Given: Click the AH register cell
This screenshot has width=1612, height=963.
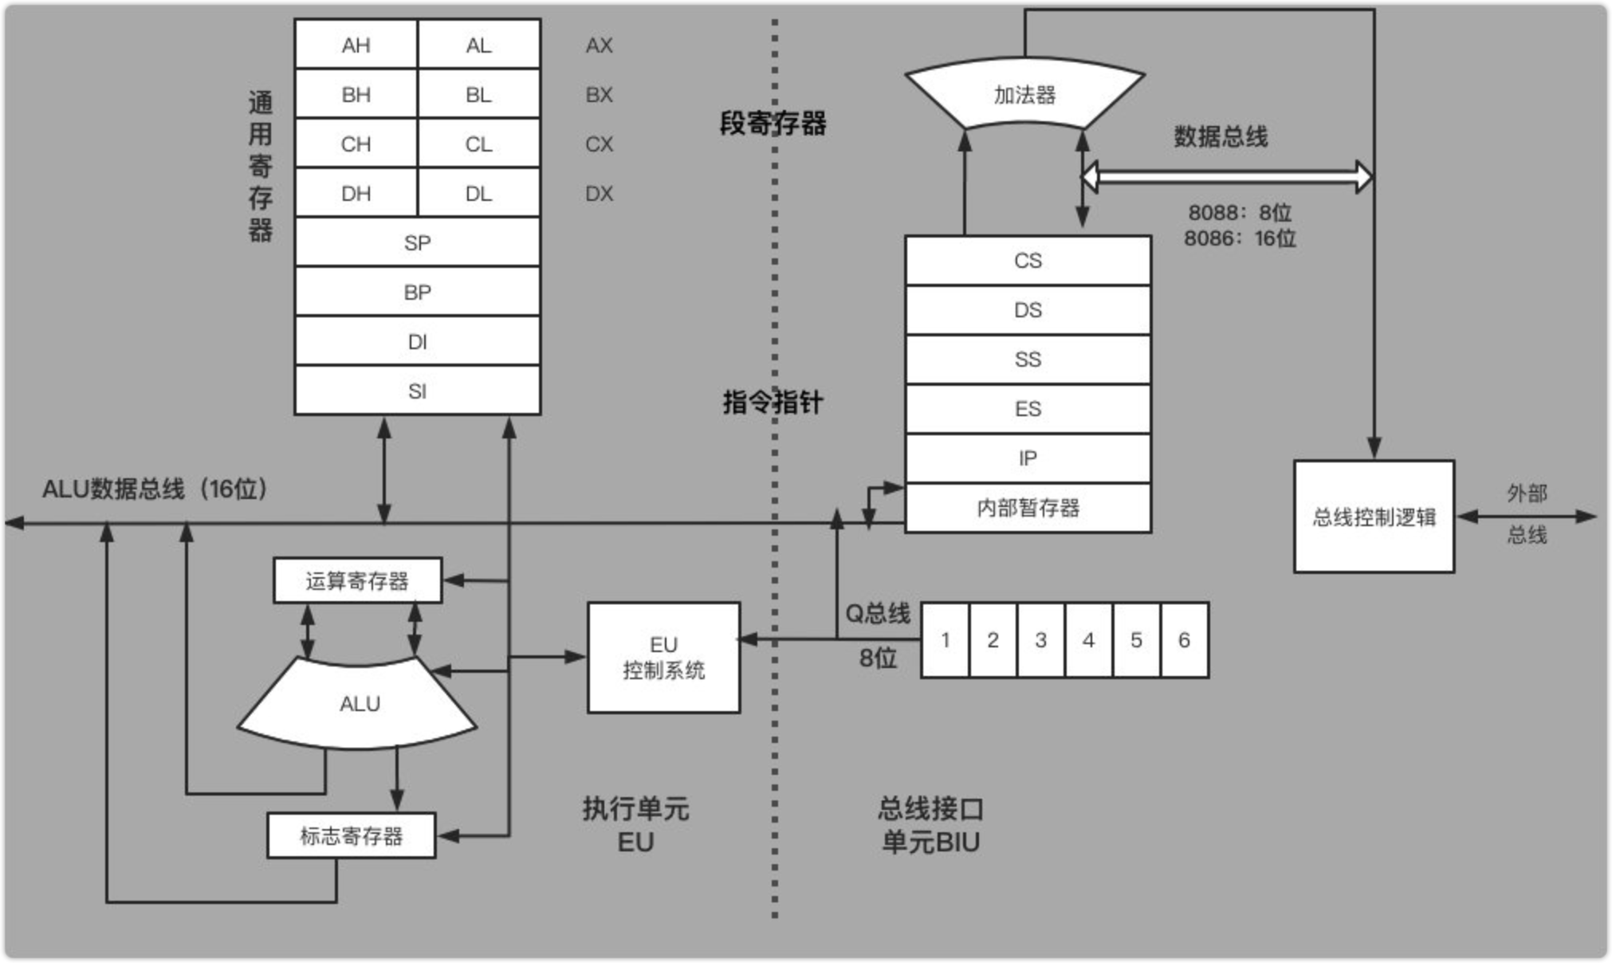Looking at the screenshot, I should (x=356, y=45).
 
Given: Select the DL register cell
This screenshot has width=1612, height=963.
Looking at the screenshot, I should (x=478, y=193).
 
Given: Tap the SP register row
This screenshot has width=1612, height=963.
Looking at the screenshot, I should (x=417, y=242).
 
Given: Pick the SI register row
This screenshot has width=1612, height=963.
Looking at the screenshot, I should (x=417, y=391).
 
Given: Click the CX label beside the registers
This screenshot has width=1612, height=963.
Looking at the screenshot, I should (x=599, y=144).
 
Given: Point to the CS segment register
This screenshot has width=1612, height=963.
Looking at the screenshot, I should (x=1028, y=261).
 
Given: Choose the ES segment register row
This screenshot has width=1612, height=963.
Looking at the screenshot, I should (x=1028, y=409).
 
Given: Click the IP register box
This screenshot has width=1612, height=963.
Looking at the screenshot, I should (x=1028, y=458).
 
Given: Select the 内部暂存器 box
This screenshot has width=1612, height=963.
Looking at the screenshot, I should (x=1028, y=508).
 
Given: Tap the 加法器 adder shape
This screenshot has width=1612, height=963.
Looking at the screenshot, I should (x=1024, y=95).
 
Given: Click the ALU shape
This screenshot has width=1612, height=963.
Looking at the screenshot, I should (x=359, y=704).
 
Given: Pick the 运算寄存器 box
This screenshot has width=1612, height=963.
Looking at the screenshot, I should (x=357, y=580).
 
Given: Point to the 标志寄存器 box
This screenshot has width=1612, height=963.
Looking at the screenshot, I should (x=351, y=835).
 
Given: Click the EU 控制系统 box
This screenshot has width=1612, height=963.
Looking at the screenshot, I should (x=663, y=658).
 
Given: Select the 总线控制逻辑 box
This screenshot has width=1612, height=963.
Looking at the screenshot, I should (x=1374, y=517).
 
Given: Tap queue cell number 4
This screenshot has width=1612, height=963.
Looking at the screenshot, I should (x=1088, y=640).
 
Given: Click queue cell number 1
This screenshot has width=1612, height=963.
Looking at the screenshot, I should (x=945, y=640).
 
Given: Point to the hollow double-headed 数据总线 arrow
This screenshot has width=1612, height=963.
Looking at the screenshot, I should (x=1228, y=176).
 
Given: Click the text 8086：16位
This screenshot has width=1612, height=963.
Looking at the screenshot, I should (x=1240, y=238).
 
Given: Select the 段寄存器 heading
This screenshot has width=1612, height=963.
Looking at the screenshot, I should (x=773, y=124).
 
